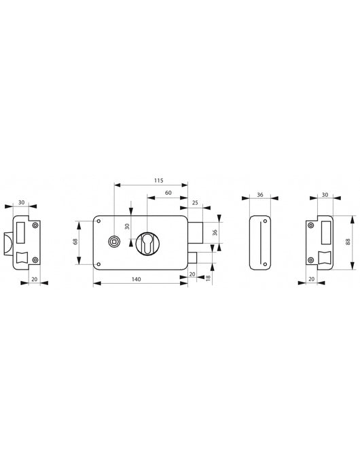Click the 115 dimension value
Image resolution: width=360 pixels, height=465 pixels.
point(159,181)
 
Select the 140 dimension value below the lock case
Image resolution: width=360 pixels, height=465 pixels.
point(136,279)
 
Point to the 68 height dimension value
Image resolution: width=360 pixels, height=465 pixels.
point(75,242)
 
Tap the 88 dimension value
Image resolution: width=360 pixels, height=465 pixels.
point(348,242)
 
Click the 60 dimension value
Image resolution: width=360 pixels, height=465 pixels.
point(168,193)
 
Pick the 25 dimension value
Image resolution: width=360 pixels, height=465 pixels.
point(195,203)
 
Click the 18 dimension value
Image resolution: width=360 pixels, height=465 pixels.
point(208,278)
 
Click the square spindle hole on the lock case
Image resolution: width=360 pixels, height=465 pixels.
point(113,242)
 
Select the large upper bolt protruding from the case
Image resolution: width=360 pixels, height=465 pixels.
point(196,232)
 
